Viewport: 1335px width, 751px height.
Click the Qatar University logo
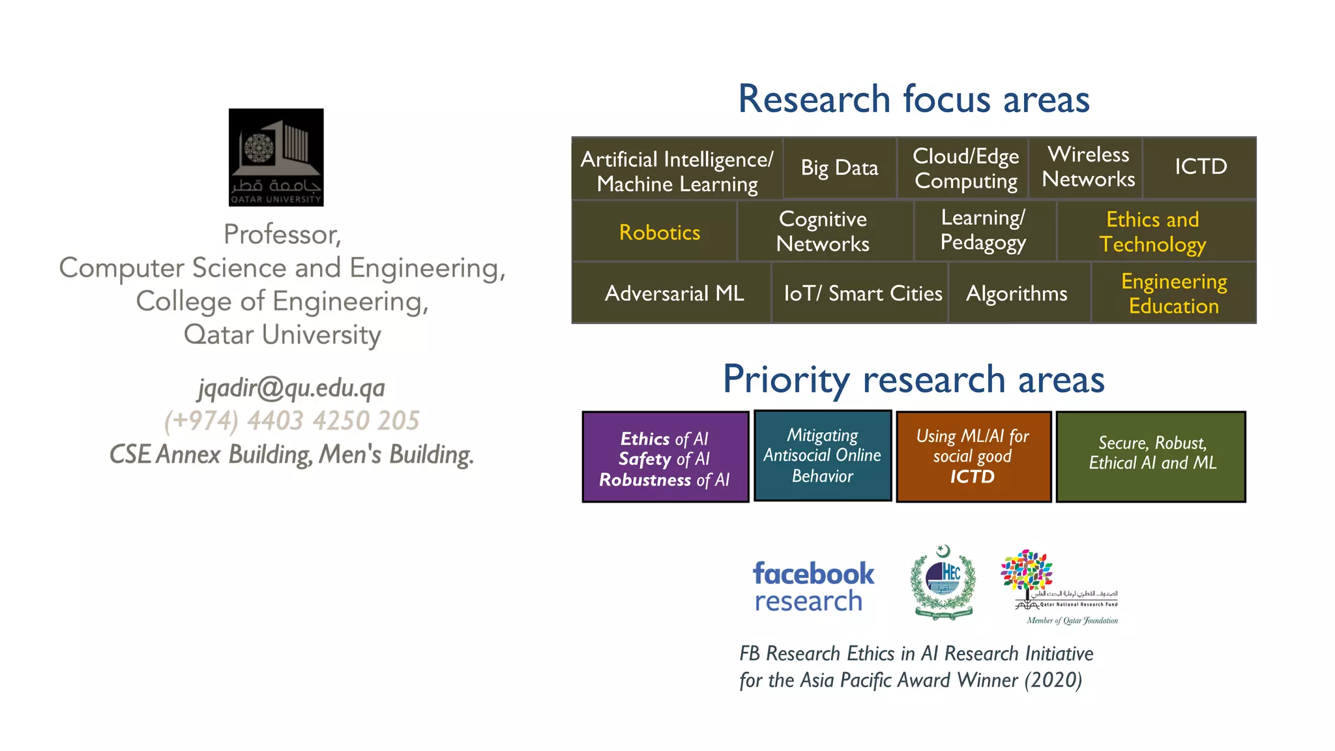pyautogui.click(x=276, y=157)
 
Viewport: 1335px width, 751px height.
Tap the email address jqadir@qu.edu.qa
pyautogui.click(x=291, y=388)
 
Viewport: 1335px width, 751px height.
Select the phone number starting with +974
pyautogui.click(x=291, y=420)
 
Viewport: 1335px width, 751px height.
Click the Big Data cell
pyautogui.click(x=840, y=168)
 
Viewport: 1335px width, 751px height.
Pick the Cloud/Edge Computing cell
pyautogui.click(x=965, y=168)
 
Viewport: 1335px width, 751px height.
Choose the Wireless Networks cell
pyautogui.click(x=1088, y=167)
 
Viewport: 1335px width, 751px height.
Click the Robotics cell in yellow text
pyautogui.click(x=659, y=232)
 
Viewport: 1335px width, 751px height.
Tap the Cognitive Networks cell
pyautogui.click(x=823, y=231)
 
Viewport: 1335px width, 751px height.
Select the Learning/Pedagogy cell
pyautogui.click(x=983, y=230)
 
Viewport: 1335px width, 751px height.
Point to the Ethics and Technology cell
pyautogui.click(x=1152, y=231)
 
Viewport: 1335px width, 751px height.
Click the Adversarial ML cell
pyautogui.click(x=674, y=293)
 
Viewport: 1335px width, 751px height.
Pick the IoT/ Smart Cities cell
pyautogui.click(x=862, y=293)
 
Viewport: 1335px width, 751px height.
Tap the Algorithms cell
pyautogui.click(x=1016, y=293)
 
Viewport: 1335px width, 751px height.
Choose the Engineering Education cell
pyautogui.click(x=1173, y=293)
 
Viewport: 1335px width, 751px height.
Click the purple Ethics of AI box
pyautogui.click(x=665, y=457)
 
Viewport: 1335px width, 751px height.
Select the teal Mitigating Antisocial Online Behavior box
pyautogui.click(x=823, y=456)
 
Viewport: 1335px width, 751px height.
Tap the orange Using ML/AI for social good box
pyautogui.click(x=973, y=456)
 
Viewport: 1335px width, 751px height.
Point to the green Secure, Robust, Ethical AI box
pyautogui.click(x=1151, y=456)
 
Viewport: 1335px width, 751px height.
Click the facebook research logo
pyautogui.click(x=813, y=586)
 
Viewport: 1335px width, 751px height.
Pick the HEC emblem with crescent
pyautogui.click(x=943, y=582)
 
